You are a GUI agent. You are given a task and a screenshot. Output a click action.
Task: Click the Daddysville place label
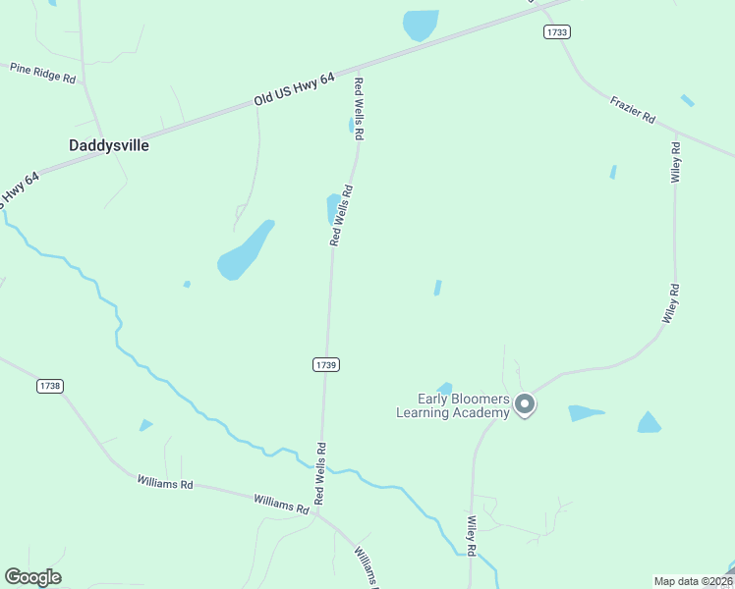pos(109,145)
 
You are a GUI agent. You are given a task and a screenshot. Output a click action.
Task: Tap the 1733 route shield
pos(557,32)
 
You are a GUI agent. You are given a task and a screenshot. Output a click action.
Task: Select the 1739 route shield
pos(326,364)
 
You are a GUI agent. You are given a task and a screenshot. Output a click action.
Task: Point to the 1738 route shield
pos(50,386)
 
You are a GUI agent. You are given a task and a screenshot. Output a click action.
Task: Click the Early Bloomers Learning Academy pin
pos(525,404)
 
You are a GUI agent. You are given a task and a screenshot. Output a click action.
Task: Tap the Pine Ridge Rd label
pos(42,73)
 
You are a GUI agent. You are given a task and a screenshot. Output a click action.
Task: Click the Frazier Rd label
pos(632,109)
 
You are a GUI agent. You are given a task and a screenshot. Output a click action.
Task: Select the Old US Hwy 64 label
pos(294,88)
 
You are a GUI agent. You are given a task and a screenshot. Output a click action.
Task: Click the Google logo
pos(32,577)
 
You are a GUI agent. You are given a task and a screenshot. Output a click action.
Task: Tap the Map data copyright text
pos(692,581)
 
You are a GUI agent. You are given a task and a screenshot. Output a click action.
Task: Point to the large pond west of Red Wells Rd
pos(244,252)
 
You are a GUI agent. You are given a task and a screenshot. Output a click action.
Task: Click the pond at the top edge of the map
pos(421,25)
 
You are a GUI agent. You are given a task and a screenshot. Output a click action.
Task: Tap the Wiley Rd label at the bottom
pos(472,537)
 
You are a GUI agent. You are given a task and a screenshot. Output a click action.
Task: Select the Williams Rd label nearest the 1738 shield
pos(165,483)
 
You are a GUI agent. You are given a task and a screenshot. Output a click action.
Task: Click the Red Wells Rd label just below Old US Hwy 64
pos(360,107)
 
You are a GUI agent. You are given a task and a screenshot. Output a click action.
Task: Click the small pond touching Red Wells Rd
pos(333,208)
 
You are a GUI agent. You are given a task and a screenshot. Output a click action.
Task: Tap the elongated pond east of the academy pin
pos(586,413)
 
